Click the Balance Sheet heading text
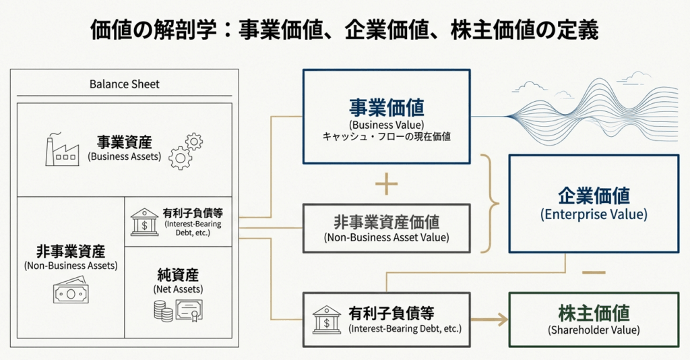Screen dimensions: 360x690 tap(125, 84)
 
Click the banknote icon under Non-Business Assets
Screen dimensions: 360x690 tap(71, 292)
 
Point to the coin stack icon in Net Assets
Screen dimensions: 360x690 tap(162, 311)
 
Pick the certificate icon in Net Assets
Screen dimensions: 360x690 tap(189, 310)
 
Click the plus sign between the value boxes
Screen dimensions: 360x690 tap(386, 184)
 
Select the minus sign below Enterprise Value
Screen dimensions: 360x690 tap(593, 272)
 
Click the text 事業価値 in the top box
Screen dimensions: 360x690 tap(386, 108)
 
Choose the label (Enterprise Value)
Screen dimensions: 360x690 tap(594, 214)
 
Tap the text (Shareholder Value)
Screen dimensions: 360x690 tap(594, 330)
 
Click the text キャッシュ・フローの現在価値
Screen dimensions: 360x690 tap(386, 137)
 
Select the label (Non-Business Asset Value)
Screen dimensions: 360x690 tap(386, 237)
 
